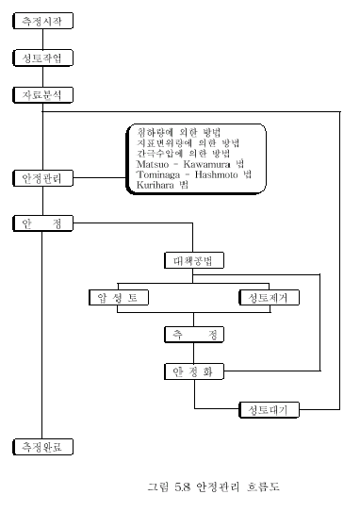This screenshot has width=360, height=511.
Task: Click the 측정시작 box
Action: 42,21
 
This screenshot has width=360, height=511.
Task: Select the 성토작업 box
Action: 42,58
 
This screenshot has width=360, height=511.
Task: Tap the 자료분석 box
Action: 42,95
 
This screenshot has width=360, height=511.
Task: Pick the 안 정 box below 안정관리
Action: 42,223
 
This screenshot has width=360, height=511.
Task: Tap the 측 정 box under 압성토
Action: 195,335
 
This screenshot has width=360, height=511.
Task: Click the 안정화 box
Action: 195,371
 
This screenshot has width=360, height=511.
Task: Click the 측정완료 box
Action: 42,446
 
